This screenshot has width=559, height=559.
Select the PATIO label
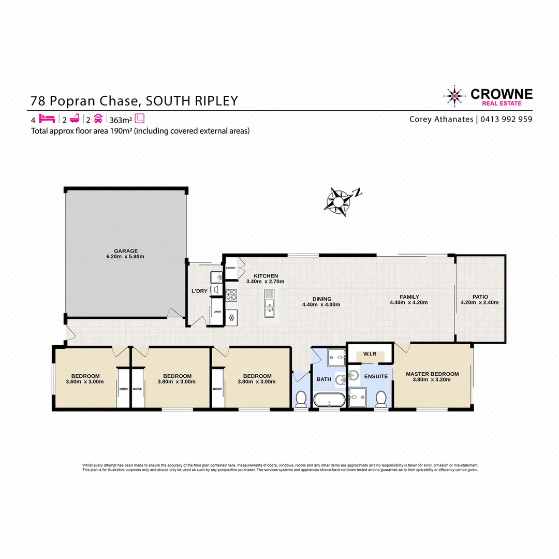tap(479, 297)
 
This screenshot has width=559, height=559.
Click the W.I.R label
tap(370, 355)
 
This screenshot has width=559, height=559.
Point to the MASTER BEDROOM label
tap(432, 374)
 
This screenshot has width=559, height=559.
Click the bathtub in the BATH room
tap(328, 401)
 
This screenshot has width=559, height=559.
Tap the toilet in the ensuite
tap(381, 398)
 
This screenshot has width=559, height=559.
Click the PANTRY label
tap(231, 268)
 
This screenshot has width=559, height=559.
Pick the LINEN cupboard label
tap(217, 312)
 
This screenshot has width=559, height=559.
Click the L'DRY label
tap(199, 291)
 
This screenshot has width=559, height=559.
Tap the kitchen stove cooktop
tap(231, 295)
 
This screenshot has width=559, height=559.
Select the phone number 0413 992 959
tap(506, 119)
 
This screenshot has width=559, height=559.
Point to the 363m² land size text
tap(121, 119)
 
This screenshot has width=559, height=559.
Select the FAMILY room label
tap(408, 297)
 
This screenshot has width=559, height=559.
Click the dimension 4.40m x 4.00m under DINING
tap(321, 304)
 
